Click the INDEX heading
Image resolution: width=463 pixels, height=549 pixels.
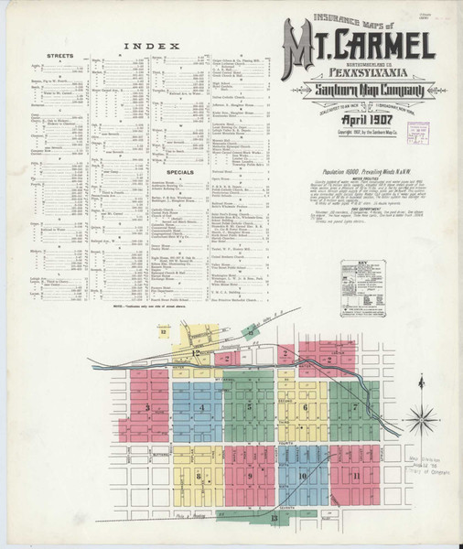[143, 45]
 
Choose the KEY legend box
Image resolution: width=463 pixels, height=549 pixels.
[362, 287]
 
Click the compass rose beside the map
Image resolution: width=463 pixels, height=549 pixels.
[422, 420]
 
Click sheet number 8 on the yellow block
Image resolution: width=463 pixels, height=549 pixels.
[197, 475]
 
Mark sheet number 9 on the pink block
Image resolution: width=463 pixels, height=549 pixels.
[248, 475]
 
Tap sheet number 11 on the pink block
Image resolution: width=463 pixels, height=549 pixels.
[353, 475]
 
